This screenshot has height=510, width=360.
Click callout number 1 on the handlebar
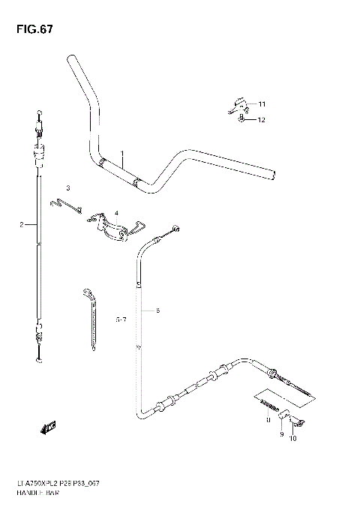[121, 154]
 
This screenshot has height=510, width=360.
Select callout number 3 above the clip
[67, 187]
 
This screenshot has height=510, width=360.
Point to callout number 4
[116, 212]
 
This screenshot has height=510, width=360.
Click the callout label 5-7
[121, 319]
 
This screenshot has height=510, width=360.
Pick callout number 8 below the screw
[267, 422]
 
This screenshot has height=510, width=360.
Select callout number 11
[262, 103]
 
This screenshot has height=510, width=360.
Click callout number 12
[262, 120]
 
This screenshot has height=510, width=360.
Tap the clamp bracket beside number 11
[236, 104]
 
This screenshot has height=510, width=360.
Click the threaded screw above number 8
[267, 406]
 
